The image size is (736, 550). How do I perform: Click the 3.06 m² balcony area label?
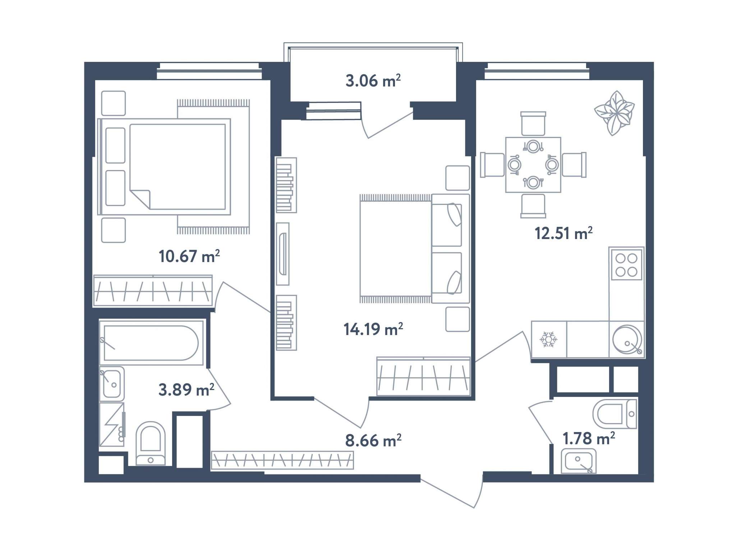point(373,81)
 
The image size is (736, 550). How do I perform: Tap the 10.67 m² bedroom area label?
point(189,256)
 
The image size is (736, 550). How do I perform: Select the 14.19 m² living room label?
point(373,329)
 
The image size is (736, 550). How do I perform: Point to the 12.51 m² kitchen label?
point(563,233)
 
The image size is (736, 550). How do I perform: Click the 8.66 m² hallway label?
point(373,440)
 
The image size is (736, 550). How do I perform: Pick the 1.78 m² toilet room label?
point(589,439)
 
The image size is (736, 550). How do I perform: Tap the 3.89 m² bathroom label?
point(186,390)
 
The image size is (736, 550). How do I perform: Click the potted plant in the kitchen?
point(614,113)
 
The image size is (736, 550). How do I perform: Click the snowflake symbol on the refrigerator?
point(548,339)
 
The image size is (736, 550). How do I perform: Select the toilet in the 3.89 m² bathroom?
point(151,444)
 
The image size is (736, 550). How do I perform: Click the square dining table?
point(533,165)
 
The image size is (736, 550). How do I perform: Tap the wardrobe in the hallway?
point(282,460)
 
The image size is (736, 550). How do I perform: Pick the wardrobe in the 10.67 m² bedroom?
point(153,291)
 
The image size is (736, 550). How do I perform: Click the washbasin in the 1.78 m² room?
point(579,461)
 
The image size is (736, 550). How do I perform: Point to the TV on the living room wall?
point(283,254)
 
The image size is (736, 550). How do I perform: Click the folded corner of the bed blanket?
point(140,200)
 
